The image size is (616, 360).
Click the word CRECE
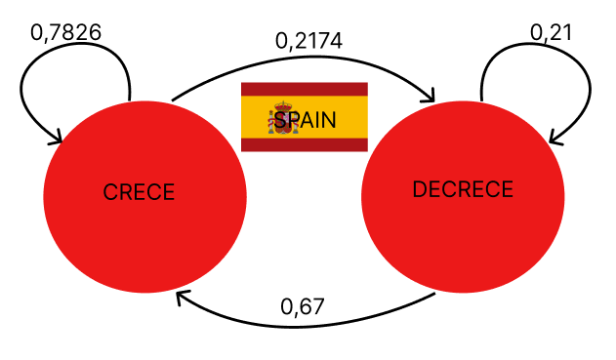139,192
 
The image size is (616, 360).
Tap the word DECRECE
463,189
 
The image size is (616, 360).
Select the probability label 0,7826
66,32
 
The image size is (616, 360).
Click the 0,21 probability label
551,32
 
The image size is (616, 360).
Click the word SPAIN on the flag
305,120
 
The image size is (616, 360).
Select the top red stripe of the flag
305,89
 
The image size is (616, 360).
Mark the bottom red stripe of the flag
305,145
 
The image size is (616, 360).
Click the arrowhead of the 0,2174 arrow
430,97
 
